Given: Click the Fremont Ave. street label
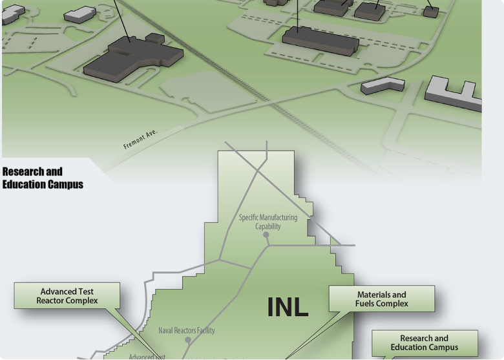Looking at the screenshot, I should (x=140, y=138).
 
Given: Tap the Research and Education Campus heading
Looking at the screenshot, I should (x=43, y=178).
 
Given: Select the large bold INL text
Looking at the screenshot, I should (x=288, y=308).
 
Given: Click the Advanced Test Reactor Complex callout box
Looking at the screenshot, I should (x=67, y=296).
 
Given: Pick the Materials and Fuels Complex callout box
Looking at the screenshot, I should (x=381, y=299).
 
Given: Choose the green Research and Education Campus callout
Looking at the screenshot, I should (x=424, y=343).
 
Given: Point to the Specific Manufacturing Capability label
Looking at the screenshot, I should (x=268, y=222).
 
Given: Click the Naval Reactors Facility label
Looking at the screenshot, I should (x=187, y=330).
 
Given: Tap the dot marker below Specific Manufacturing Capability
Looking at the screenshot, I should (x=266, y=235).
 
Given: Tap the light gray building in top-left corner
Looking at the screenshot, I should (x=80, y=14).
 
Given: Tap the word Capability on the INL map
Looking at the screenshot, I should (x=268, y=226).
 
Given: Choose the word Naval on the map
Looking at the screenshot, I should (x=167, y=330).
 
